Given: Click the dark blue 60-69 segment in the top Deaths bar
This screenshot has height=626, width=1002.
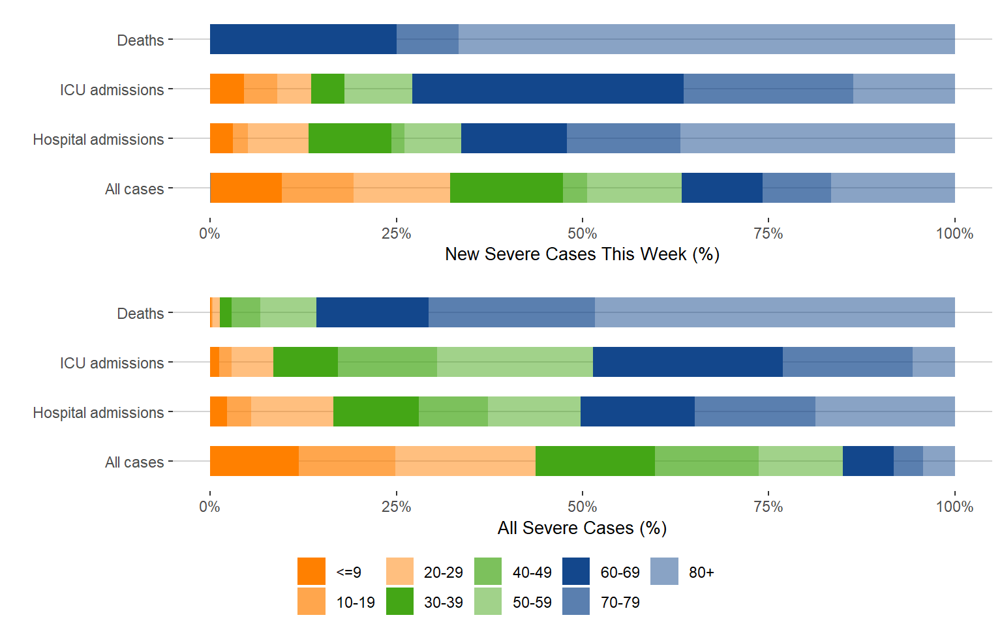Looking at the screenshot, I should coord(303,39).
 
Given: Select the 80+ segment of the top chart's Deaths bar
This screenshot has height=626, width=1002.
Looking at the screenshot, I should coord(706,39).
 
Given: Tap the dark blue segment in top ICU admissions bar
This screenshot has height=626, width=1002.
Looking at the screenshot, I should coord(547,89).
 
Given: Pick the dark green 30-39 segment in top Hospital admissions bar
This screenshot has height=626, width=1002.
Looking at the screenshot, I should coord(350,138).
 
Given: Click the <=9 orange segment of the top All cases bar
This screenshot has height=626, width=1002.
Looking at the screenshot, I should coord(246,188).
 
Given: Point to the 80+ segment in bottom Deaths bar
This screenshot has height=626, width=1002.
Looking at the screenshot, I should coord(774,312).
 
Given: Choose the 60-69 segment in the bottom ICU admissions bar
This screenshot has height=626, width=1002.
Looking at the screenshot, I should coord(688,362).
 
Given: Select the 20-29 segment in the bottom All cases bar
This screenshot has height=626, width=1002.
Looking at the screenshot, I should coord(465,461).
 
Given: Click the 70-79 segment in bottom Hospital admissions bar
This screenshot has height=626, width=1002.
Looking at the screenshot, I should coord(755,411).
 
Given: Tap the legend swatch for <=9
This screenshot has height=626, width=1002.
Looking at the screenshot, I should coord(311,571).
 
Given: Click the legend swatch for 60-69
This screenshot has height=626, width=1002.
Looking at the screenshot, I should coord(576,571).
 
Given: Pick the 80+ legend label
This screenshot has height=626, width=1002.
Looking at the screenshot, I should coord(701,573).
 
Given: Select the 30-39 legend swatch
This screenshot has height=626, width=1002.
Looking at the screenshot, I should coord(400,601).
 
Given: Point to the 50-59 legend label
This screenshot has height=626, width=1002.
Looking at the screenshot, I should coord(532,603).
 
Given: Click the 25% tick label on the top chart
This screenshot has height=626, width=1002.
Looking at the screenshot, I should coord(396,233).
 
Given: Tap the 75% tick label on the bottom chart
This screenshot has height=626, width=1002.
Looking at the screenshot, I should coord(768,507).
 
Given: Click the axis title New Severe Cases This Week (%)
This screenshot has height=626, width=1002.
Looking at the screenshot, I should coord(582,254).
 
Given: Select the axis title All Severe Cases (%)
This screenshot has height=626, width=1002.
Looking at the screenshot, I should coord(582,528).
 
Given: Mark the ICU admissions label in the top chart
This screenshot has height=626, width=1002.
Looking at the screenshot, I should coord(112,90).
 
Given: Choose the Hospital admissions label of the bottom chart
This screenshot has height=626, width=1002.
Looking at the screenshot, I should coord(99,413).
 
